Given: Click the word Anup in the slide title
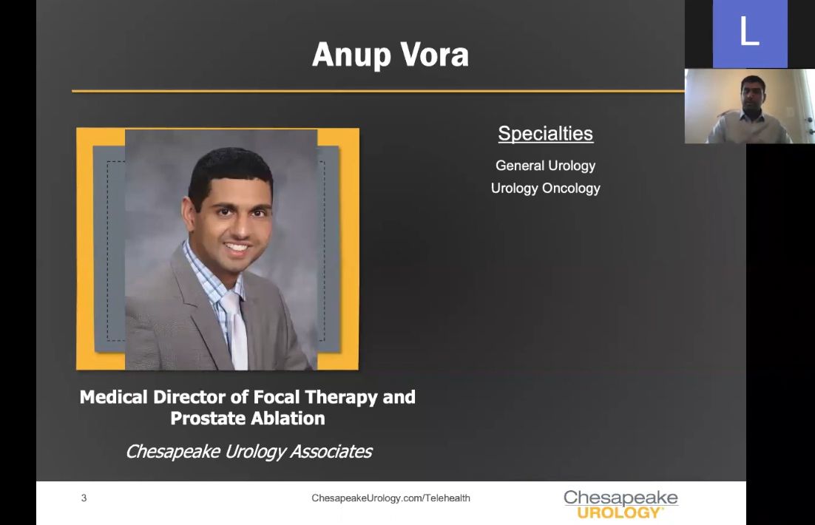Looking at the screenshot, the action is click(x=351, y=55).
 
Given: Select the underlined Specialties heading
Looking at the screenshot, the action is click(x=545, y=134).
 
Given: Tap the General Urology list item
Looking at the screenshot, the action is click(x=545, y=166).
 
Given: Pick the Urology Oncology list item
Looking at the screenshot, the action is click(x=545, y=188).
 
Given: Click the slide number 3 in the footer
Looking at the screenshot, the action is click(x=84, y=498).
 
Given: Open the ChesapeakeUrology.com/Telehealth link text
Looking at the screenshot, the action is click(x=391, y=498).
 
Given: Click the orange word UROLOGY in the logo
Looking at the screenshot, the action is click(x=618, y=513).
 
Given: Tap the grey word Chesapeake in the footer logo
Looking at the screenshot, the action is click(x=620, y=498).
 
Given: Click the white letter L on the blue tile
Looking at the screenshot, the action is click(x=749, y=30).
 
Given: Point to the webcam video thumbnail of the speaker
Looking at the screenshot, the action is click(x=749, y=106).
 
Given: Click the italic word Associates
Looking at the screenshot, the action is click(x=331, y=451).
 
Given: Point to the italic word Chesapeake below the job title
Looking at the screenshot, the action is click(x=172, y=452).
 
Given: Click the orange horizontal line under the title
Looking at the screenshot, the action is click(x=378, y=91).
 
